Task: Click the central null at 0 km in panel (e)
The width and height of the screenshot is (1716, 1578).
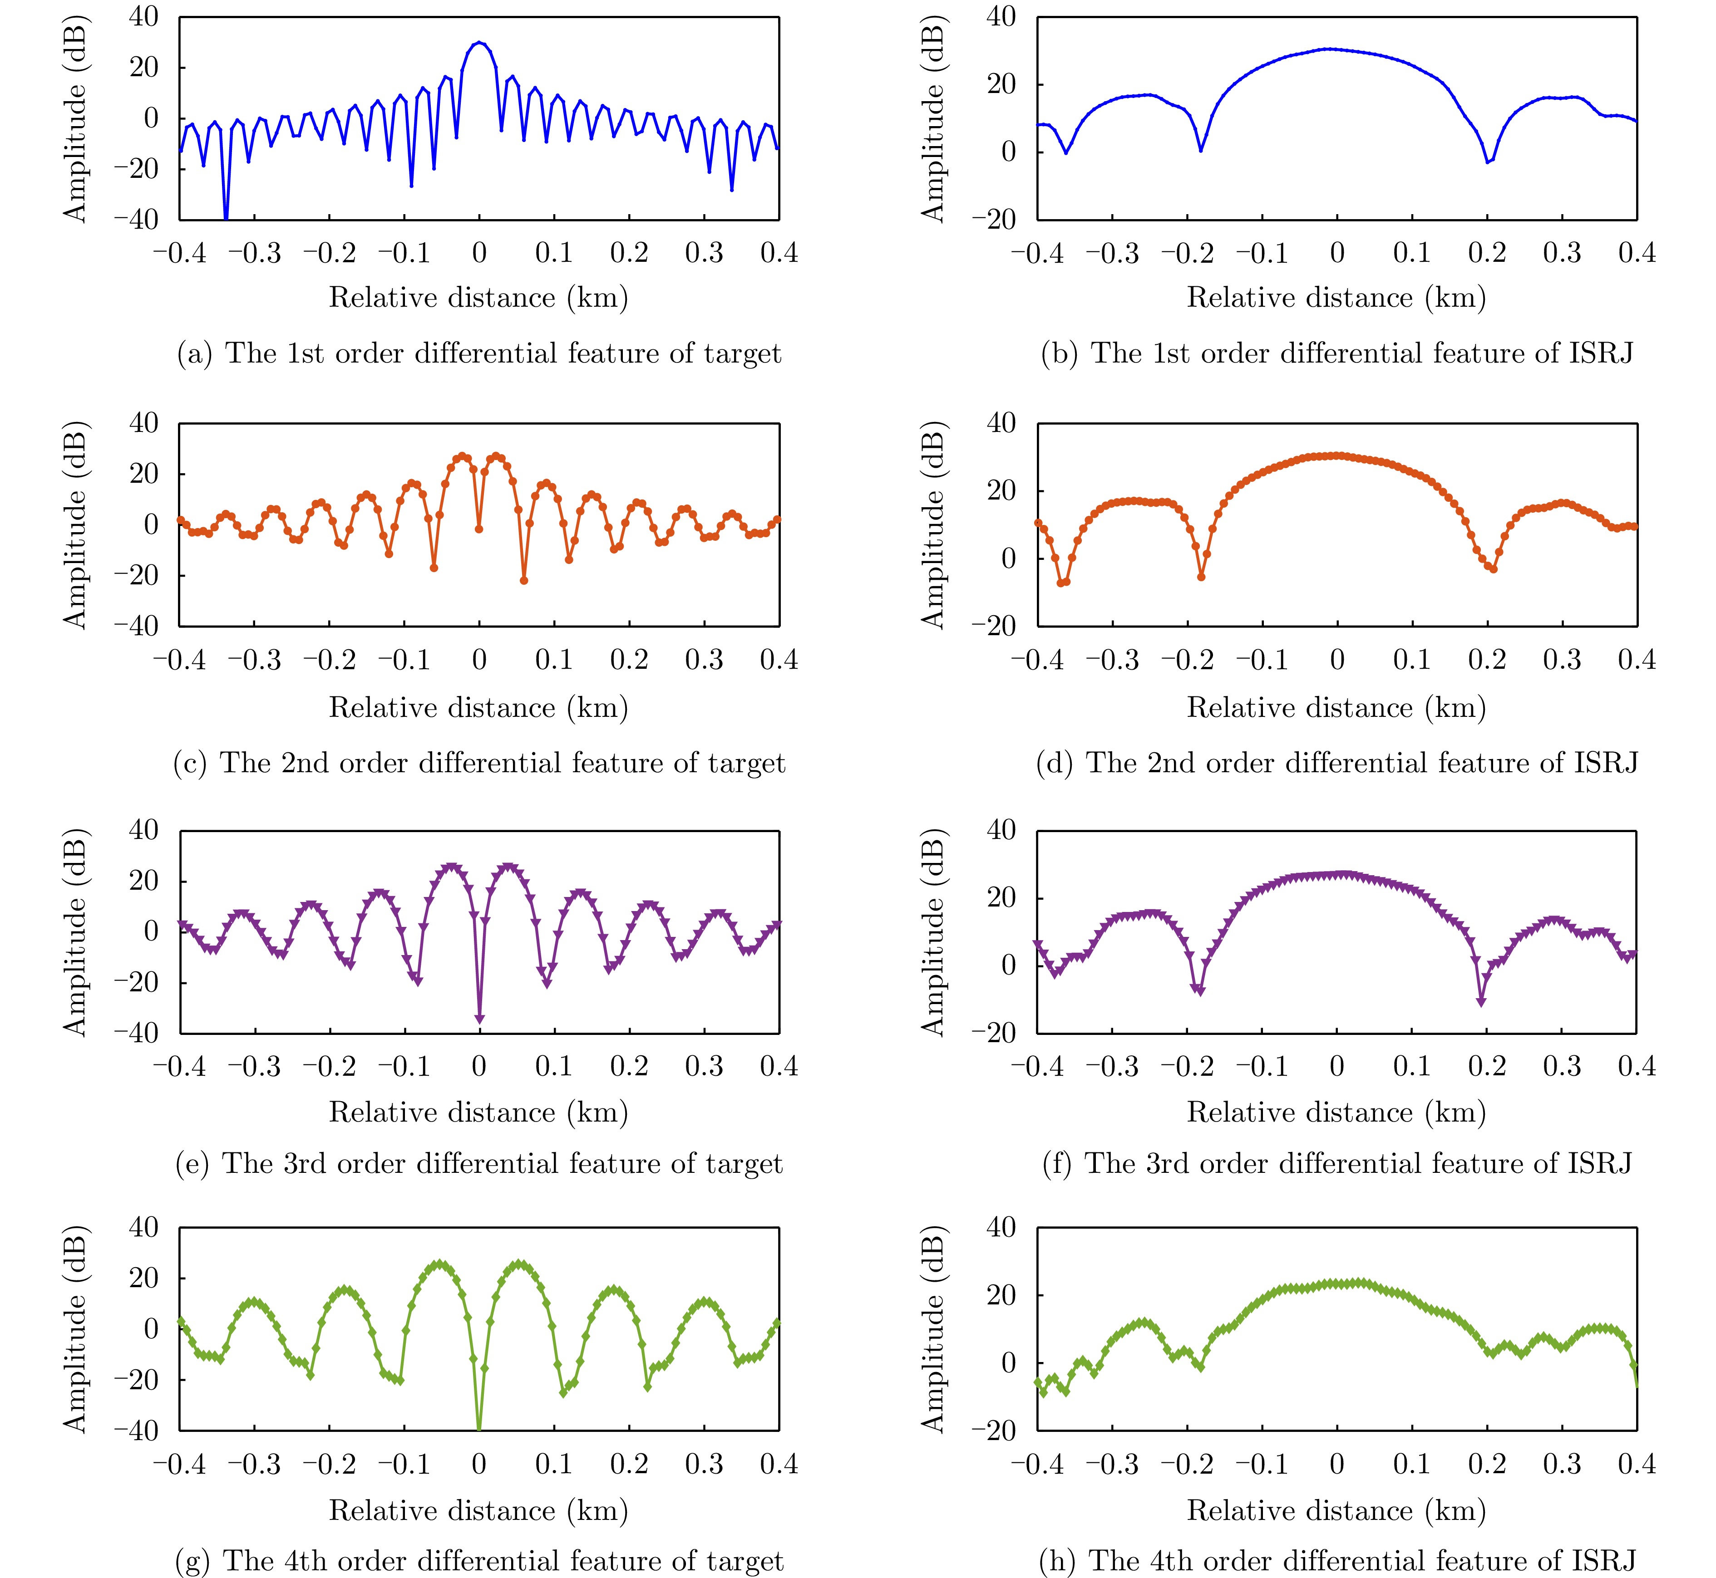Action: coord(479,1019)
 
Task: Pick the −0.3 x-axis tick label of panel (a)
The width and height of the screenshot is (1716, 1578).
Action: coord(255,253)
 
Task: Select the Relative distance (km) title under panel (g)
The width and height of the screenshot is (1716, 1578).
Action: coord(479,1510)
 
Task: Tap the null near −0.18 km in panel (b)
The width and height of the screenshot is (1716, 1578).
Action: coord(1201,150)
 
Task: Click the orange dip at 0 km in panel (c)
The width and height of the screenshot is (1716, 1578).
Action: coord(479,529)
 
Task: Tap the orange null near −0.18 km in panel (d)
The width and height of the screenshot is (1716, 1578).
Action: coord(1201,576)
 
